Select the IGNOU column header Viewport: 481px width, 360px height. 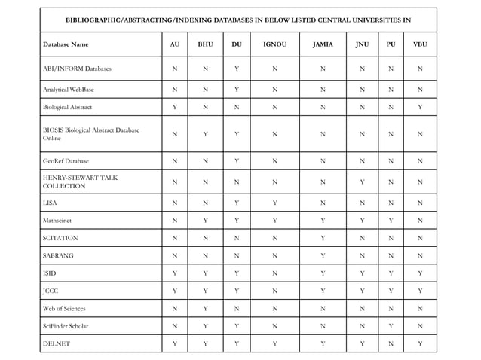click(x=274, y=44)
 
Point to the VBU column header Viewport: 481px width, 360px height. click(x=420, y=44)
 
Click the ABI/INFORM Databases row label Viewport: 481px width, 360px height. click(x=77, y=69)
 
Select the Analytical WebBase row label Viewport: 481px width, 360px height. click(x=73, y=90)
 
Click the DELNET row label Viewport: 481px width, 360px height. click(x=56, y=345)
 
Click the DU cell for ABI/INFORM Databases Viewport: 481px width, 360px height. click(x=237, y=69)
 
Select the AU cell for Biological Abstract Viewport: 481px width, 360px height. click(x=175, y=107)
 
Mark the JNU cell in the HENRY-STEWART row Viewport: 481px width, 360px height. click(x=363, y=181)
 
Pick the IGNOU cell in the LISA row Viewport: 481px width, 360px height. click(x=274, y=203)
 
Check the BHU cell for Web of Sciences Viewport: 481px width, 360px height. click(x=205, y=309)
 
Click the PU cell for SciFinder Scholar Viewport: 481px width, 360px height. click(x=391, y=327)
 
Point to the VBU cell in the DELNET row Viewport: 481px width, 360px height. click(x=420, y=345)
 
